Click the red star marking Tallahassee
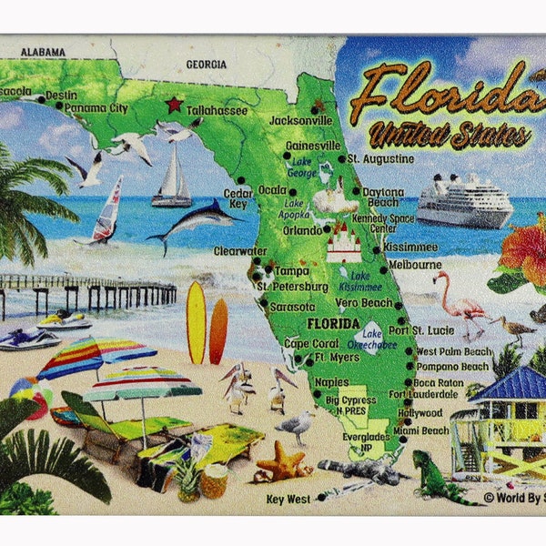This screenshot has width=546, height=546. click(174, 104)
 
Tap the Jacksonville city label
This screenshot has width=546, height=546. click(302, 120)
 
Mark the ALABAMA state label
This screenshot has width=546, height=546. click(43, 52)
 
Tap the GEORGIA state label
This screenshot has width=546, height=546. click(206, 65)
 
